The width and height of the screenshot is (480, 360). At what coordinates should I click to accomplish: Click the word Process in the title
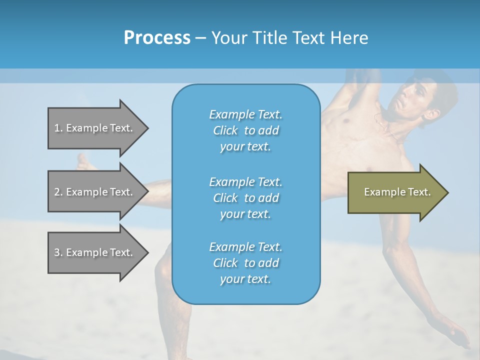point(157,37)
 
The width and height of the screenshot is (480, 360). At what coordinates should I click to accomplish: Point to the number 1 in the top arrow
point(57,128)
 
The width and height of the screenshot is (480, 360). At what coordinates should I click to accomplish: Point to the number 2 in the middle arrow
point(57,192)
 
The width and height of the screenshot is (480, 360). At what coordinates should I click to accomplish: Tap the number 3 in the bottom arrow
point(57,252)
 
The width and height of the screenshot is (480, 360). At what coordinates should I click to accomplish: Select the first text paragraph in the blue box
point(245,130)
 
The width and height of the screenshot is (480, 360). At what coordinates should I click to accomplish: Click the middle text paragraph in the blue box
point(245,198)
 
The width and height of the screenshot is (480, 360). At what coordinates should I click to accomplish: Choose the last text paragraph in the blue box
point(245,263)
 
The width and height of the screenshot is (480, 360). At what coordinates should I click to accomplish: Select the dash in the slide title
point(200,38)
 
